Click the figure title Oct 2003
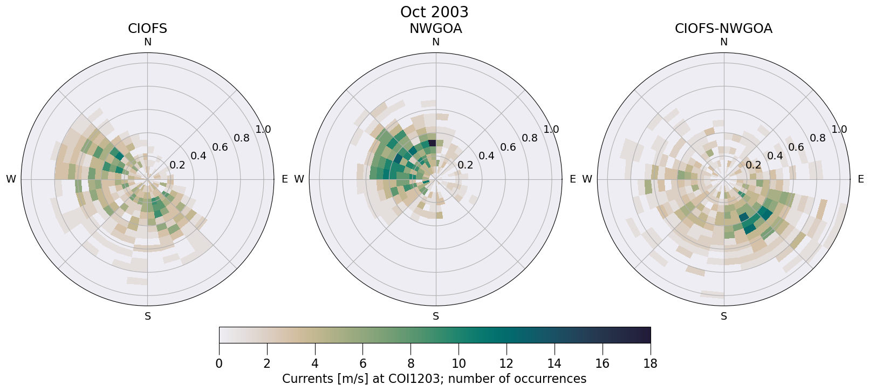[x=434, y=12]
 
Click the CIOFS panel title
[x=147, y=29]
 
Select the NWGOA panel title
[x=435, y=29]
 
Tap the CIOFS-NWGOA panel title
[x=723, y=29]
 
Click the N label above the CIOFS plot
[x=147, y=42]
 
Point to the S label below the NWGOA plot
[x=436, y=316]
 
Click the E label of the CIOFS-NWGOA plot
[x=861, y=179]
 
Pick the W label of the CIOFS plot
[x=11, y=179]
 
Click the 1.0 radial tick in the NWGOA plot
[x=551, y=130]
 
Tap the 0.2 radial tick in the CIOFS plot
[x=177, y=165]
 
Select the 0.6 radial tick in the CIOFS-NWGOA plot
[x=796, y=147]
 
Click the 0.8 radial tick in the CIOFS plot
[x=242, y=138]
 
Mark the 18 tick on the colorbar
[x=650, y=363]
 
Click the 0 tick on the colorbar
[x=219, y=363]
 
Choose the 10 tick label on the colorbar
[x=459, y=363]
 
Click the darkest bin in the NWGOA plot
[x=432, y=143]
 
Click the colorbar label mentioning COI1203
[x=434, y=379]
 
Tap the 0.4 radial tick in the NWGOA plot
[x=486, y=156]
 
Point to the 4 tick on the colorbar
[x=315, y=363]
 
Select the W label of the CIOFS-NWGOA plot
[x=587, y=179]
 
